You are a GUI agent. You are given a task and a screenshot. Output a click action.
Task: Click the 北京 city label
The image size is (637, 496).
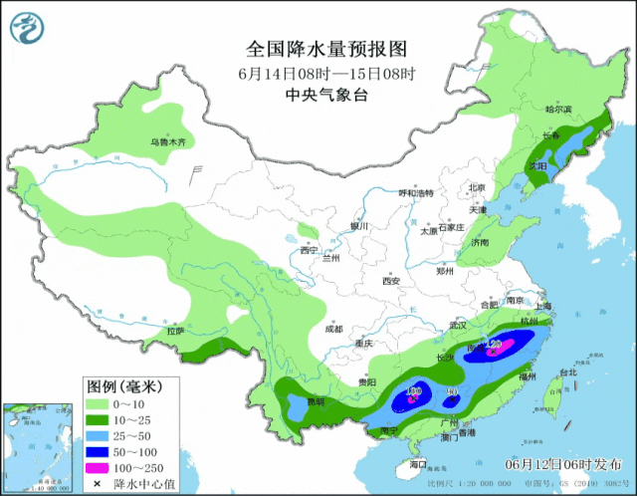click(x=476, y=187)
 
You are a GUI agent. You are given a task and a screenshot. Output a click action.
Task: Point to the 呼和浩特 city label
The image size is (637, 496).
click(x=417, y=192)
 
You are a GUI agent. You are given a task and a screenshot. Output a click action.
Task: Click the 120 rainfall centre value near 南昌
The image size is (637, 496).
click(x=495, y=345)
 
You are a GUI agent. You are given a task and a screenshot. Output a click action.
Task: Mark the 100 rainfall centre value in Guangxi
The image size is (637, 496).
click(x=414, y=392)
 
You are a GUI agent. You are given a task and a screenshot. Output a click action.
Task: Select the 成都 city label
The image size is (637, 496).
click(x=332, y=328)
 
